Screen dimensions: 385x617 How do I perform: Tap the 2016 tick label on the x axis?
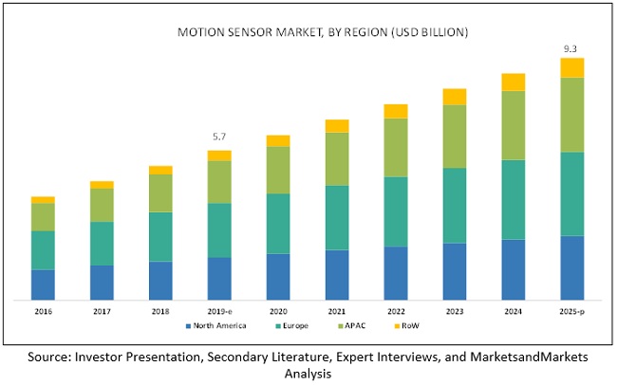click(43, 310)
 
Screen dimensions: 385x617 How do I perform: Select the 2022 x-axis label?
click(395, 310)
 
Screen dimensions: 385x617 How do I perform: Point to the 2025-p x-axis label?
click(571, 310)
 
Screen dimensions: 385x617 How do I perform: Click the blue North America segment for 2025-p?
click(571, 267)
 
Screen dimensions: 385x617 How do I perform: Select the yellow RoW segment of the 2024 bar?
click(513, 82)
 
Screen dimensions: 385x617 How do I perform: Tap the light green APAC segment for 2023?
click(455, 136)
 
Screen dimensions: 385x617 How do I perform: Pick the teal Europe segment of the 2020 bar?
click(278, 224)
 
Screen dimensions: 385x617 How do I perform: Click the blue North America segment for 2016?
click(43, 284)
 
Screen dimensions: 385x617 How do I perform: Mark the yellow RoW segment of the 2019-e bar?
click(219, 156)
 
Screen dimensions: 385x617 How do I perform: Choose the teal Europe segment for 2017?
click(102, 244)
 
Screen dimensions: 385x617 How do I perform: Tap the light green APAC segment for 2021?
click(337, 158)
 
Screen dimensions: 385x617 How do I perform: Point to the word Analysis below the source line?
click(308, 374)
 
